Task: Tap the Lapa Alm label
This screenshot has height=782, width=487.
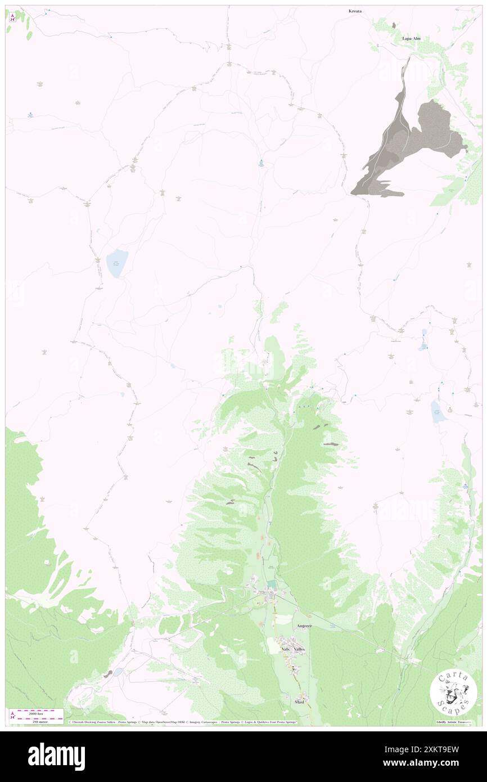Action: [411, 38]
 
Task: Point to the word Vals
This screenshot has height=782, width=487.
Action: [285, 649]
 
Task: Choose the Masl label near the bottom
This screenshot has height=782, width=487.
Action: [299, 702]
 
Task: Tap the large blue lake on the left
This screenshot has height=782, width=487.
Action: [118, 263]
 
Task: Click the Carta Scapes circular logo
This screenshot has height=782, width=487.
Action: [453, 691]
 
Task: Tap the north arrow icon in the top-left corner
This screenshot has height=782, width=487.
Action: [12, 16]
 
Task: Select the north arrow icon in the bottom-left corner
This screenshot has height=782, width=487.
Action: [12, 715]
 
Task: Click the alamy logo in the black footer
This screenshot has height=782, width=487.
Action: [56, 756]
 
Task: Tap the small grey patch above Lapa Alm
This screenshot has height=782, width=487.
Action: [394, 25]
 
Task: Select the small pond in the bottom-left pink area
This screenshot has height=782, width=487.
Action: [118, 672]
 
